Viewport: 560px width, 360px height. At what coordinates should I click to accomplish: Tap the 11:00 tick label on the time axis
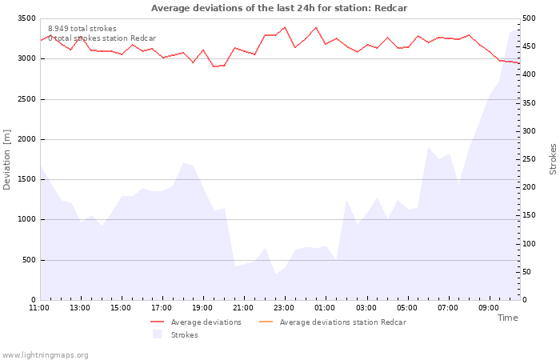pos(39,307)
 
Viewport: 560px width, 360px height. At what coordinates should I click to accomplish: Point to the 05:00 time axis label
pos(407,307)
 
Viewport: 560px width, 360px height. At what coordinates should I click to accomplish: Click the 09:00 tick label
pos(490,307)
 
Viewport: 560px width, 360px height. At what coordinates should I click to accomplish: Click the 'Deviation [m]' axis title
pos(7,159)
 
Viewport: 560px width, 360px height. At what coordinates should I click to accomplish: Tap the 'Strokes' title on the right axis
pos(553,159)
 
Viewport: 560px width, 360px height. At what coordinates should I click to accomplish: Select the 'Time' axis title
pos(507,318)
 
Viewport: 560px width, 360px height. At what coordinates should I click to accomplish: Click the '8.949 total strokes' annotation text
pos(82,29)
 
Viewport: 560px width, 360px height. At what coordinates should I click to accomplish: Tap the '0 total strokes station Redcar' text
pos(102,38)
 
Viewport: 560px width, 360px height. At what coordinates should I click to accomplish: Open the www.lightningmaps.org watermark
pos(45,355)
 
